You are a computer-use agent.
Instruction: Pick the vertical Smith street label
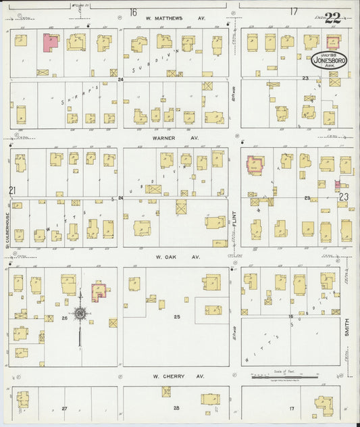pyautogui.click(x=349, y=328)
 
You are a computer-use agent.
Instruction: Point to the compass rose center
pyautogui.click(x=80, y=313)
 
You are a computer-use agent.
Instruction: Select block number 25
pyautogui.click(x=177, y=316)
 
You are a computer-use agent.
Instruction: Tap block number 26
pyautogui.click(x=65, y=317)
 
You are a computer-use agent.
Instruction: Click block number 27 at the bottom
pyautogui.click(x=65, y=408)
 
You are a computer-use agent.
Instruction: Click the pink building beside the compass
pyautogui.click(x=99, y=291)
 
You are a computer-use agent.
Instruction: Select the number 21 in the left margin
pyautogui.click(x=12, y=191)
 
